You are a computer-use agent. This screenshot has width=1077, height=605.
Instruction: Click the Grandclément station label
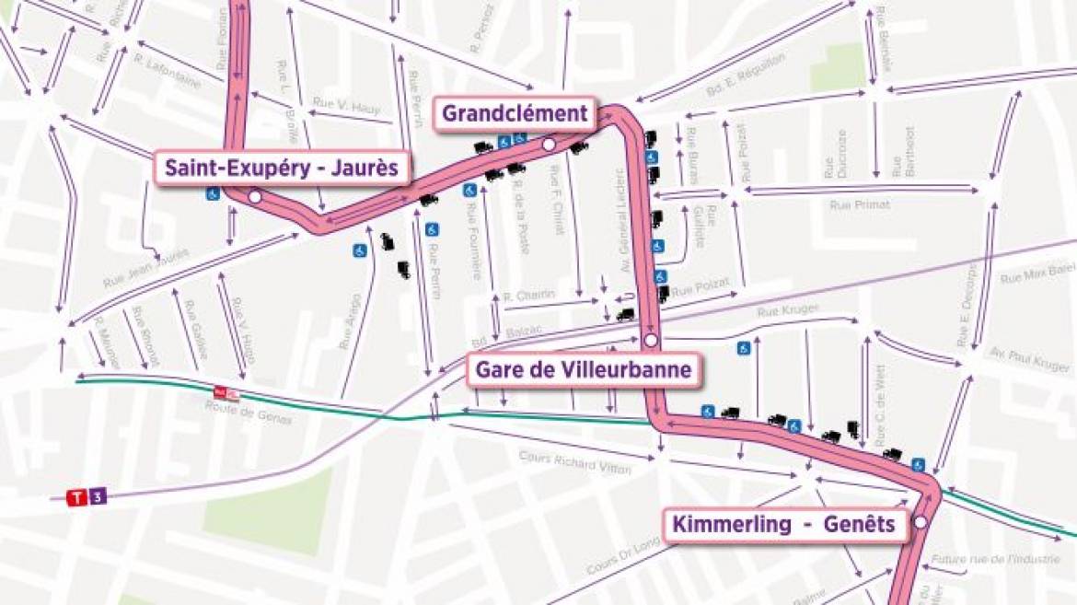coord(515,113)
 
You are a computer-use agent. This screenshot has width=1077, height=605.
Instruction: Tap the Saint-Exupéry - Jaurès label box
coord(282,169)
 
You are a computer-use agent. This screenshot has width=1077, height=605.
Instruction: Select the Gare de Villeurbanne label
coord(582,371)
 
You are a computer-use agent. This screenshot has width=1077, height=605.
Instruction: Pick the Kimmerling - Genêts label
coord(783,524)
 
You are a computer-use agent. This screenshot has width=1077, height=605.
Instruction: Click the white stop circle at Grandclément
coord(549,145)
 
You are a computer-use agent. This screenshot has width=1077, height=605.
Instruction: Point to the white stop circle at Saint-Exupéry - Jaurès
coord(255,196)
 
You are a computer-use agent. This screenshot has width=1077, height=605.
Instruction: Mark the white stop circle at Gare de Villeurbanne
coord(651,341)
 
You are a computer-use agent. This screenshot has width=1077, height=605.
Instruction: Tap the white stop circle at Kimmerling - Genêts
coord(920,523)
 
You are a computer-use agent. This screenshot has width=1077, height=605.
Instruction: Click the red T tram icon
coord(78,497)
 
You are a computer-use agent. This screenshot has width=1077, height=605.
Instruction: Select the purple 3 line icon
coord(98,497)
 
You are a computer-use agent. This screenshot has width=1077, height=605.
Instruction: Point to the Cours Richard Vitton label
coord(575,461)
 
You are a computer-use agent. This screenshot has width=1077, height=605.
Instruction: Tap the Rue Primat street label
coord(860,204)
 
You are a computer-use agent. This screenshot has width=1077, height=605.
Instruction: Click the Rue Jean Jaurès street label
coord(146,266)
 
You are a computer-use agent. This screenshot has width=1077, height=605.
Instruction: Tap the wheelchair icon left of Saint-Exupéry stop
coord(213,195)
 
